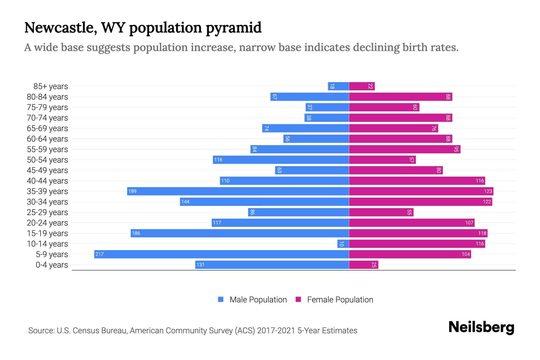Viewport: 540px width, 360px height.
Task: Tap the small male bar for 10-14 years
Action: point(343,244)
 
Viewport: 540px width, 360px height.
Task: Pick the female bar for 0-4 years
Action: point(363,265)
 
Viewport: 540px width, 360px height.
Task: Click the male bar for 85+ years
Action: point(338,86)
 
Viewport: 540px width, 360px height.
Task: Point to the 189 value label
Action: point(132,191)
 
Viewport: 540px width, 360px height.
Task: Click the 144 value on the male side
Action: point(185,202)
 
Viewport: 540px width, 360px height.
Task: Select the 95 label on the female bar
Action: point(456,149)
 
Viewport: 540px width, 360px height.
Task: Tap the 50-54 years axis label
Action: point(47,160)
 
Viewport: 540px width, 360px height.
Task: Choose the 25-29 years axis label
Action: point(47,212)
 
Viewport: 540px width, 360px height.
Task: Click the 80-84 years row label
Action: point(47,97)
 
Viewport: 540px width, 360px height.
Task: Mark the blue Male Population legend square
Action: point(221,299)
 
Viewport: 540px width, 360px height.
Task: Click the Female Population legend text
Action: point(340,299)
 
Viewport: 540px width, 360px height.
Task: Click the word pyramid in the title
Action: point(233,28)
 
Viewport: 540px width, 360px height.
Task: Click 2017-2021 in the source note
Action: point(276,331)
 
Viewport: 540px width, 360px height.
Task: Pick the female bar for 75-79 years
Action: point(384,107)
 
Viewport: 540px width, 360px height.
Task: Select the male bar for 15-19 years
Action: point(240,233)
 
